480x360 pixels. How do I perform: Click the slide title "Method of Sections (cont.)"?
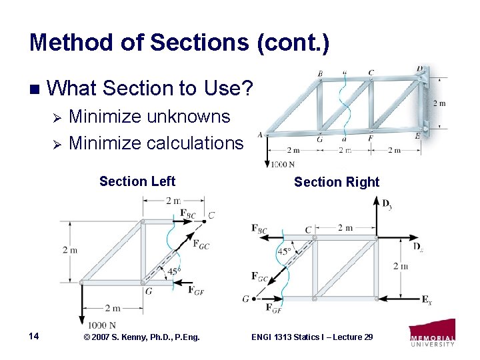point(179,43)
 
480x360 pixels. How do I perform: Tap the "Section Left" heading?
point(137,181)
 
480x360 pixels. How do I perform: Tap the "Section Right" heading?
point(336,182)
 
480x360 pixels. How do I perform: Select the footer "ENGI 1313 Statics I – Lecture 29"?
point(312,337)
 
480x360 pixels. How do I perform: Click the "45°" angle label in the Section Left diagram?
point(173,271)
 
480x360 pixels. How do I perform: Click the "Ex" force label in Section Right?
point(427,300)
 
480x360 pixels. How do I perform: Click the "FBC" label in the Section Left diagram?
point(189,213)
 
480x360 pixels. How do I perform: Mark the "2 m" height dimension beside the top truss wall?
point(439,103)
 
